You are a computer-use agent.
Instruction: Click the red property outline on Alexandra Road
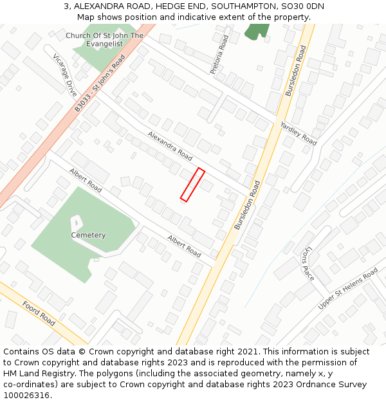click(192, 185)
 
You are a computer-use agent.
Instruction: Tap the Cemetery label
click(88, 235)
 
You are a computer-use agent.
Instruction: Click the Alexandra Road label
click(170, 146)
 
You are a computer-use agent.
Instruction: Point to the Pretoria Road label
click(219, 55)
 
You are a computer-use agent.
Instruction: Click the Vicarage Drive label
click(65, 75)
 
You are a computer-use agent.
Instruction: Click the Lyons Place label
click(308, 263)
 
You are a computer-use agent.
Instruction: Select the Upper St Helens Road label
click(348, 289)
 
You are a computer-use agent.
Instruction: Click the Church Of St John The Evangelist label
click(104, 40)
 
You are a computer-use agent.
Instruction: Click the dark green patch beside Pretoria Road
click(257, 31)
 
